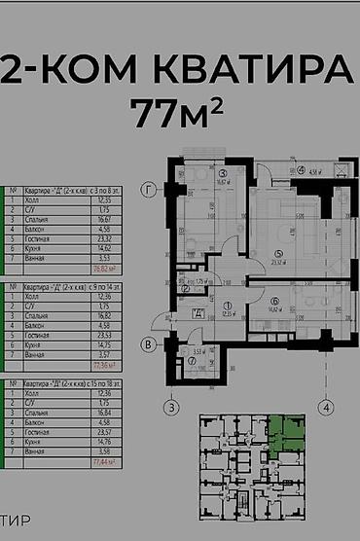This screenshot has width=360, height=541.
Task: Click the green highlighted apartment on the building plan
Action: tap(285, 432)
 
